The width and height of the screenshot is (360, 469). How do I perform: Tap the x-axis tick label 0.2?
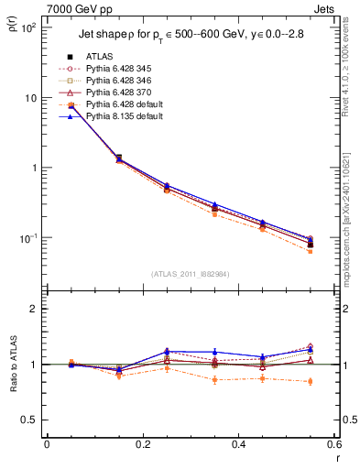point(142,445)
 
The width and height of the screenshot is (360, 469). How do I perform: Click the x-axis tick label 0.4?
point(238,445)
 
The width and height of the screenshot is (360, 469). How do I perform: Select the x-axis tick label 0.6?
point(333,445)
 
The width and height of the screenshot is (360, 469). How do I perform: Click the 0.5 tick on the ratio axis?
point(31,420)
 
